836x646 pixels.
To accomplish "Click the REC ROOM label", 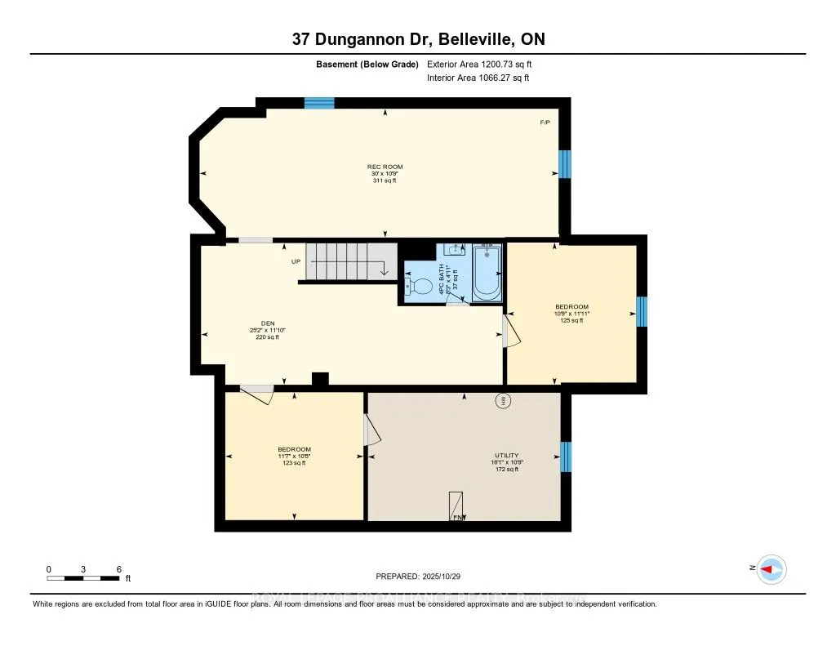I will point(385,167).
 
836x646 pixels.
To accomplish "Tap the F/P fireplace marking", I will point(545,123).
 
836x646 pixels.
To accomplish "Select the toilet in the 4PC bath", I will point(420,287).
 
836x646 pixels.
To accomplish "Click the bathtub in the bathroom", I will point(488,271).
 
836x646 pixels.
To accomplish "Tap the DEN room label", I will point(267,323).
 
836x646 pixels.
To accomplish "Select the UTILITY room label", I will point(506,455).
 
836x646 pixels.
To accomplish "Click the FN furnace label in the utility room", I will point(458,517).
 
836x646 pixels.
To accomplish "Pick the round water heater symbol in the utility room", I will point(503,400).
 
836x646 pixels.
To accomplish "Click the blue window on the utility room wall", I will point(565,457).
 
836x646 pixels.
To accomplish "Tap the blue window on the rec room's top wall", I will point(319,103).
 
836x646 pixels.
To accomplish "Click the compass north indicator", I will point(770,569).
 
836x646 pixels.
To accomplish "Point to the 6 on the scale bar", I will point(119,568).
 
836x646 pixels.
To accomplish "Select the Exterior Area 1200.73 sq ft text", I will point(479,64).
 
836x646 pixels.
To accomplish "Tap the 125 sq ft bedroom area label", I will point(571,321).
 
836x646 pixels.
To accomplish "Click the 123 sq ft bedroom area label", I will point(294,463).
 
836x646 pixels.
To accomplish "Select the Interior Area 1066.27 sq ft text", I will point(478,78).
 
